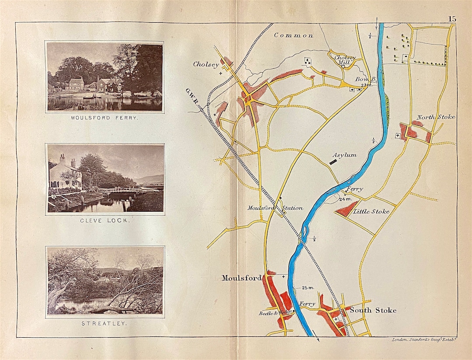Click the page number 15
coord(451,19)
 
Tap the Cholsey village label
coord(206,64)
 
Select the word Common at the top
coord(293,35)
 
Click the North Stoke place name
coord(435,117)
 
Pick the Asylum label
coord(344,155)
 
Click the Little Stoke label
coord(371,211)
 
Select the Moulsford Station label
coord(274,208)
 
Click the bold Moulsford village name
coord(241,278)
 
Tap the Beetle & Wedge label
coord(274,313)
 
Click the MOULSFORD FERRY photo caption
coord(104,118)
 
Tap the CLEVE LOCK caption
coord(105,220)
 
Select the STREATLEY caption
coord(104,324)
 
